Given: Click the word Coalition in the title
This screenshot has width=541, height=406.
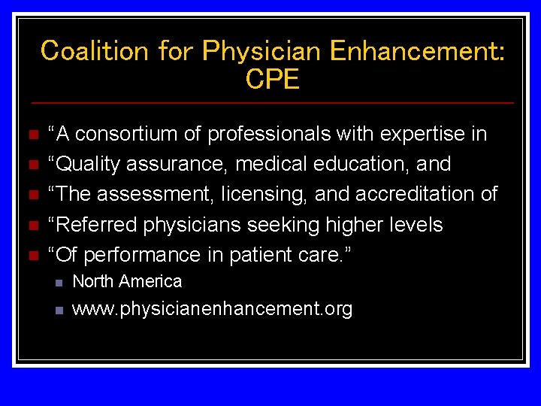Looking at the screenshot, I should tap(95, 51).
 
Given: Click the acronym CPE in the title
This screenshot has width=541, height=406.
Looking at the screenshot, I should tap(272, 80).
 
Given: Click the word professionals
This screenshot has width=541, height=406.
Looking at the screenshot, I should tap(268, 134).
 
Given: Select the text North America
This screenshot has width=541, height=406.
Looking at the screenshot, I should tap(127, 281).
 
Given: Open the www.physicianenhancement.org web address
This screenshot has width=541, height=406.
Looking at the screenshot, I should tap(212, 308).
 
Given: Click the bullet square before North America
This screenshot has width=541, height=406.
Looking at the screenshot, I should tap(59, 283).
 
